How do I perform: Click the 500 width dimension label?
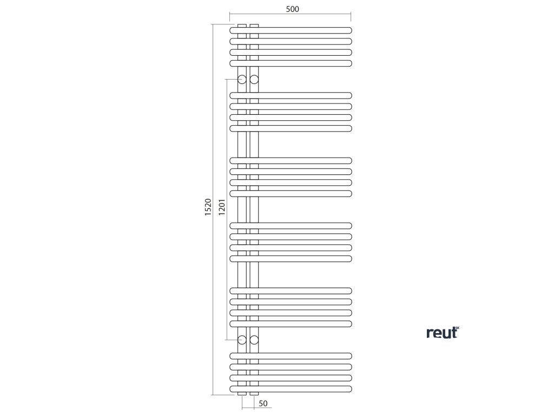click(x=291, y=9)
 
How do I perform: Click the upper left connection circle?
click(x=242, y=80)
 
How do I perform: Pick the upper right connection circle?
click(x=254, y=80)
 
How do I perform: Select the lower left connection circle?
click(x=242, y=340)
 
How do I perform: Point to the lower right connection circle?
click(x=254, y=340)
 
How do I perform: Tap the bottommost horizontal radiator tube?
click(x=303, y=389)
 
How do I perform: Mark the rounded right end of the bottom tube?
click(x=349, y=389)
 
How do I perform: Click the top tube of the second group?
click(x=303, y=95)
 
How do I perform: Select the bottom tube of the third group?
click(x=303, y=193)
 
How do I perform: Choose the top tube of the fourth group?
click(x=303, y=225)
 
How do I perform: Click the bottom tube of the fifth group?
click(x=303, y=324)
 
